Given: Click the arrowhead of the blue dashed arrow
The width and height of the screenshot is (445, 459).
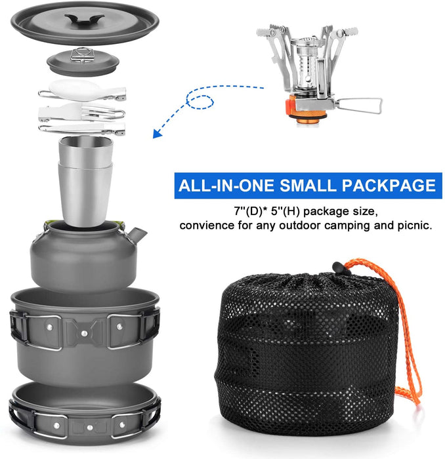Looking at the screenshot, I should click(x=158, y=133).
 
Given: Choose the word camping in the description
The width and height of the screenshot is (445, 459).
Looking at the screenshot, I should click(x=355, y=225).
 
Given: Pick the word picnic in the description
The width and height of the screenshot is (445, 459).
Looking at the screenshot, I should click(x=414, y=225).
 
